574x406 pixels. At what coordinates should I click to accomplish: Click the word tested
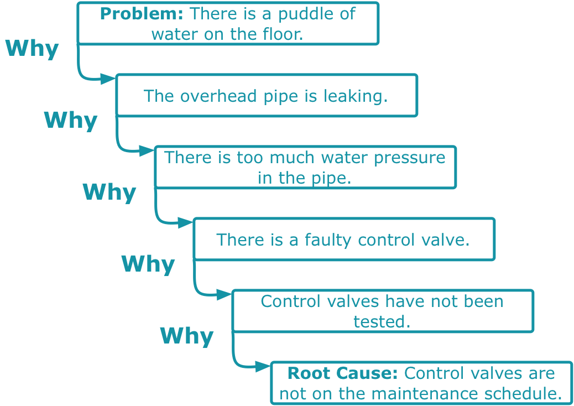[x=382, y=321]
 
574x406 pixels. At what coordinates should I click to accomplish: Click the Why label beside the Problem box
[x=32, y=49]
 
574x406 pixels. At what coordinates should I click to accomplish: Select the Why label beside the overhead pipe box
[x=71, y=121]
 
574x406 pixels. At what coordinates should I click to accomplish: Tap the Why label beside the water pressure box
[x=109, y=192]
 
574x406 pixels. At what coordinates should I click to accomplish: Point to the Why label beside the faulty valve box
[x=148, y=264]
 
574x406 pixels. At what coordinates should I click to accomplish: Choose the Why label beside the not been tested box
[x=187, y=336]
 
